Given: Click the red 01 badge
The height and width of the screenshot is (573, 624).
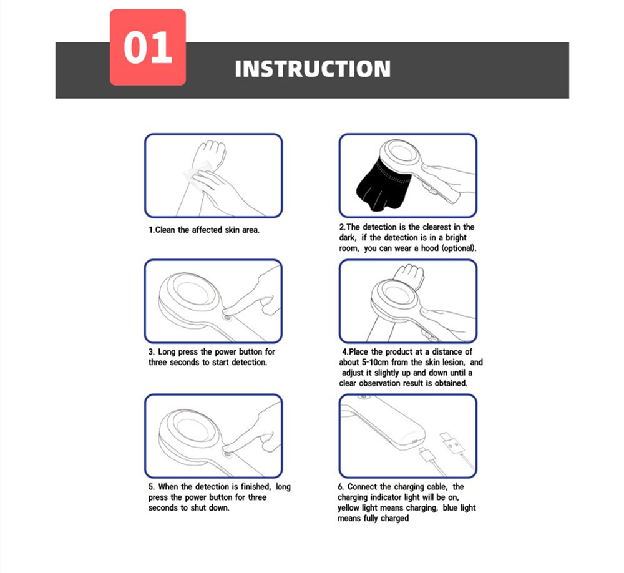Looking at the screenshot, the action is point(148,47).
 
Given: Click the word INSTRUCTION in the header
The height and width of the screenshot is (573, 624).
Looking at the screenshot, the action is point(313,69).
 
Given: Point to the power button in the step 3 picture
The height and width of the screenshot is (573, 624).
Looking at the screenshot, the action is point(228,316).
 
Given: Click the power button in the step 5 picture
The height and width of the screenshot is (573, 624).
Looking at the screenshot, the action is point(228,451).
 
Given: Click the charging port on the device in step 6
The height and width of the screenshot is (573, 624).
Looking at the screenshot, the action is point(414,441).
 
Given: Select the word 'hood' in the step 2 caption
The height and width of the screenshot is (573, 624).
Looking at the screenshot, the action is point(430,248).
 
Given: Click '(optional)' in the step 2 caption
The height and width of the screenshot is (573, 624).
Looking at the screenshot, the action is point(459,248).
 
